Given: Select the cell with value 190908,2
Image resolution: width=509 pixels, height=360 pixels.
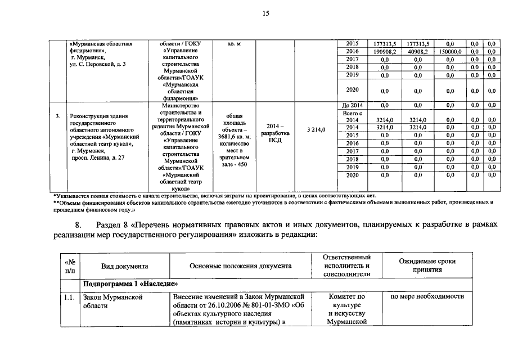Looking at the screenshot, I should coord(385,51).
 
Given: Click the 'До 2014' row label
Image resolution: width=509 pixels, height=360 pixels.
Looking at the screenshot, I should coord(352,105).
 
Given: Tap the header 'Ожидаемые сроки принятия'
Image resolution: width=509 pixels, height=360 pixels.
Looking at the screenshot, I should coord(427,265).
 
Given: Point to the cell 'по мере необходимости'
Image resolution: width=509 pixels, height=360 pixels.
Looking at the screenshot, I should coord(427,296).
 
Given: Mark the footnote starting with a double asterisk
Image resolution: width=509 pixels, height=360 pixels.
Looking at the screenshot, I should coord(270,204).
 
